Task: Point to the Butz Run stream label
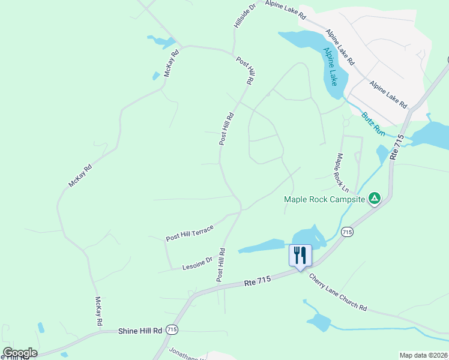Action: click(x=373, y=124)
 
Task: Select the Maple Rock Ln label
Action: click(x=342, y=173)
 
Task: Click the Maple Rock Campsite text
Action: click(x=324, y=199)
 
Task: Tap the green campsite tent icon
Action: click(x=374, y=197)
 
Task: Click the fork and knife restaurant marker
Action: click(x=300, y=255)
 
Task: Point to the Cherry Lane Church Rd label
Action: click(x=337, y=292)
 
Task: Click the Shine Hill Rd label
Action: click(x=140, y=331)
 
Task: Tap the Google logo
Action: click(x=20, y=353)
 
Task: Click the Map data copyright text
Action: click(x=423, y=355)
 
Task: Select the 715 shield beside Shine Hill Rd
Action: click(x=172, y=330)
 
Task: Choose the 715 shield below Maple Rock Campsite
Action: click(x=346, y=232)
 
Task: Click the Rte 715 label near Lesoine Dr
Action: click(x=258, y=280)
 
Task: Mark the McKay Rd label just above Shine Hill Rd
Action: click(x=98, y=311)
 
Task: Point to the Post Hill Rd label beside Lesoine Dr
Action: click(x=221, y=265)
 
